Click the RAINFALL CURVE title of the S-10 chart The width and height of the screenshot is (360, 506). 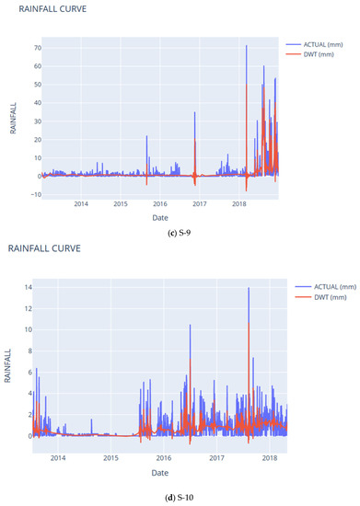[x=45, y=248]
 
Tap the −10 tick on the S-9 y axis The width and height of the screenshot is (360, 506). [x=34, y=194]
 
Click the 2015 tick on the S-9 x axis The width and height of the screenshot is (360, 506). [x=120, y=203]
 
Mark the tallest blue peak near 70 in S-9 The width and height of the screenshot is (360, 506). [x=246, y=46]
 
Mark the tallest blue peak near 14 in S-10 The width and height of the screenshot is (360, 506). [x=248, y=289]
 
